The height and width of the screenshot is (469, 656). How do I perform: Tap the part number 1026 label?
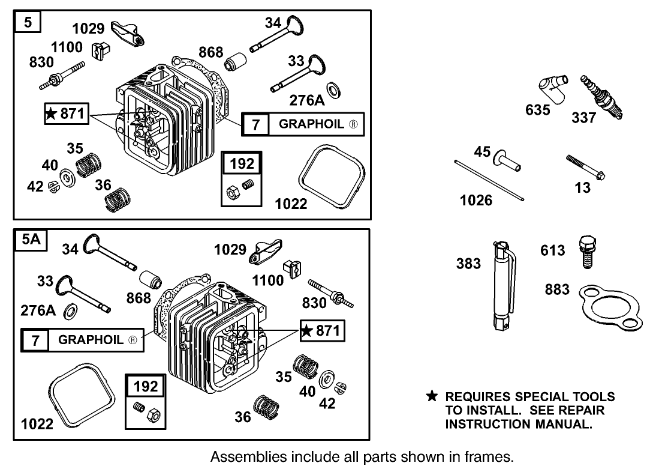pos(476,199)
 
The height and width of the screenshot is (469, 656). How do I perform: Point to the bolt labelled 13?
pos(585,167)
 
